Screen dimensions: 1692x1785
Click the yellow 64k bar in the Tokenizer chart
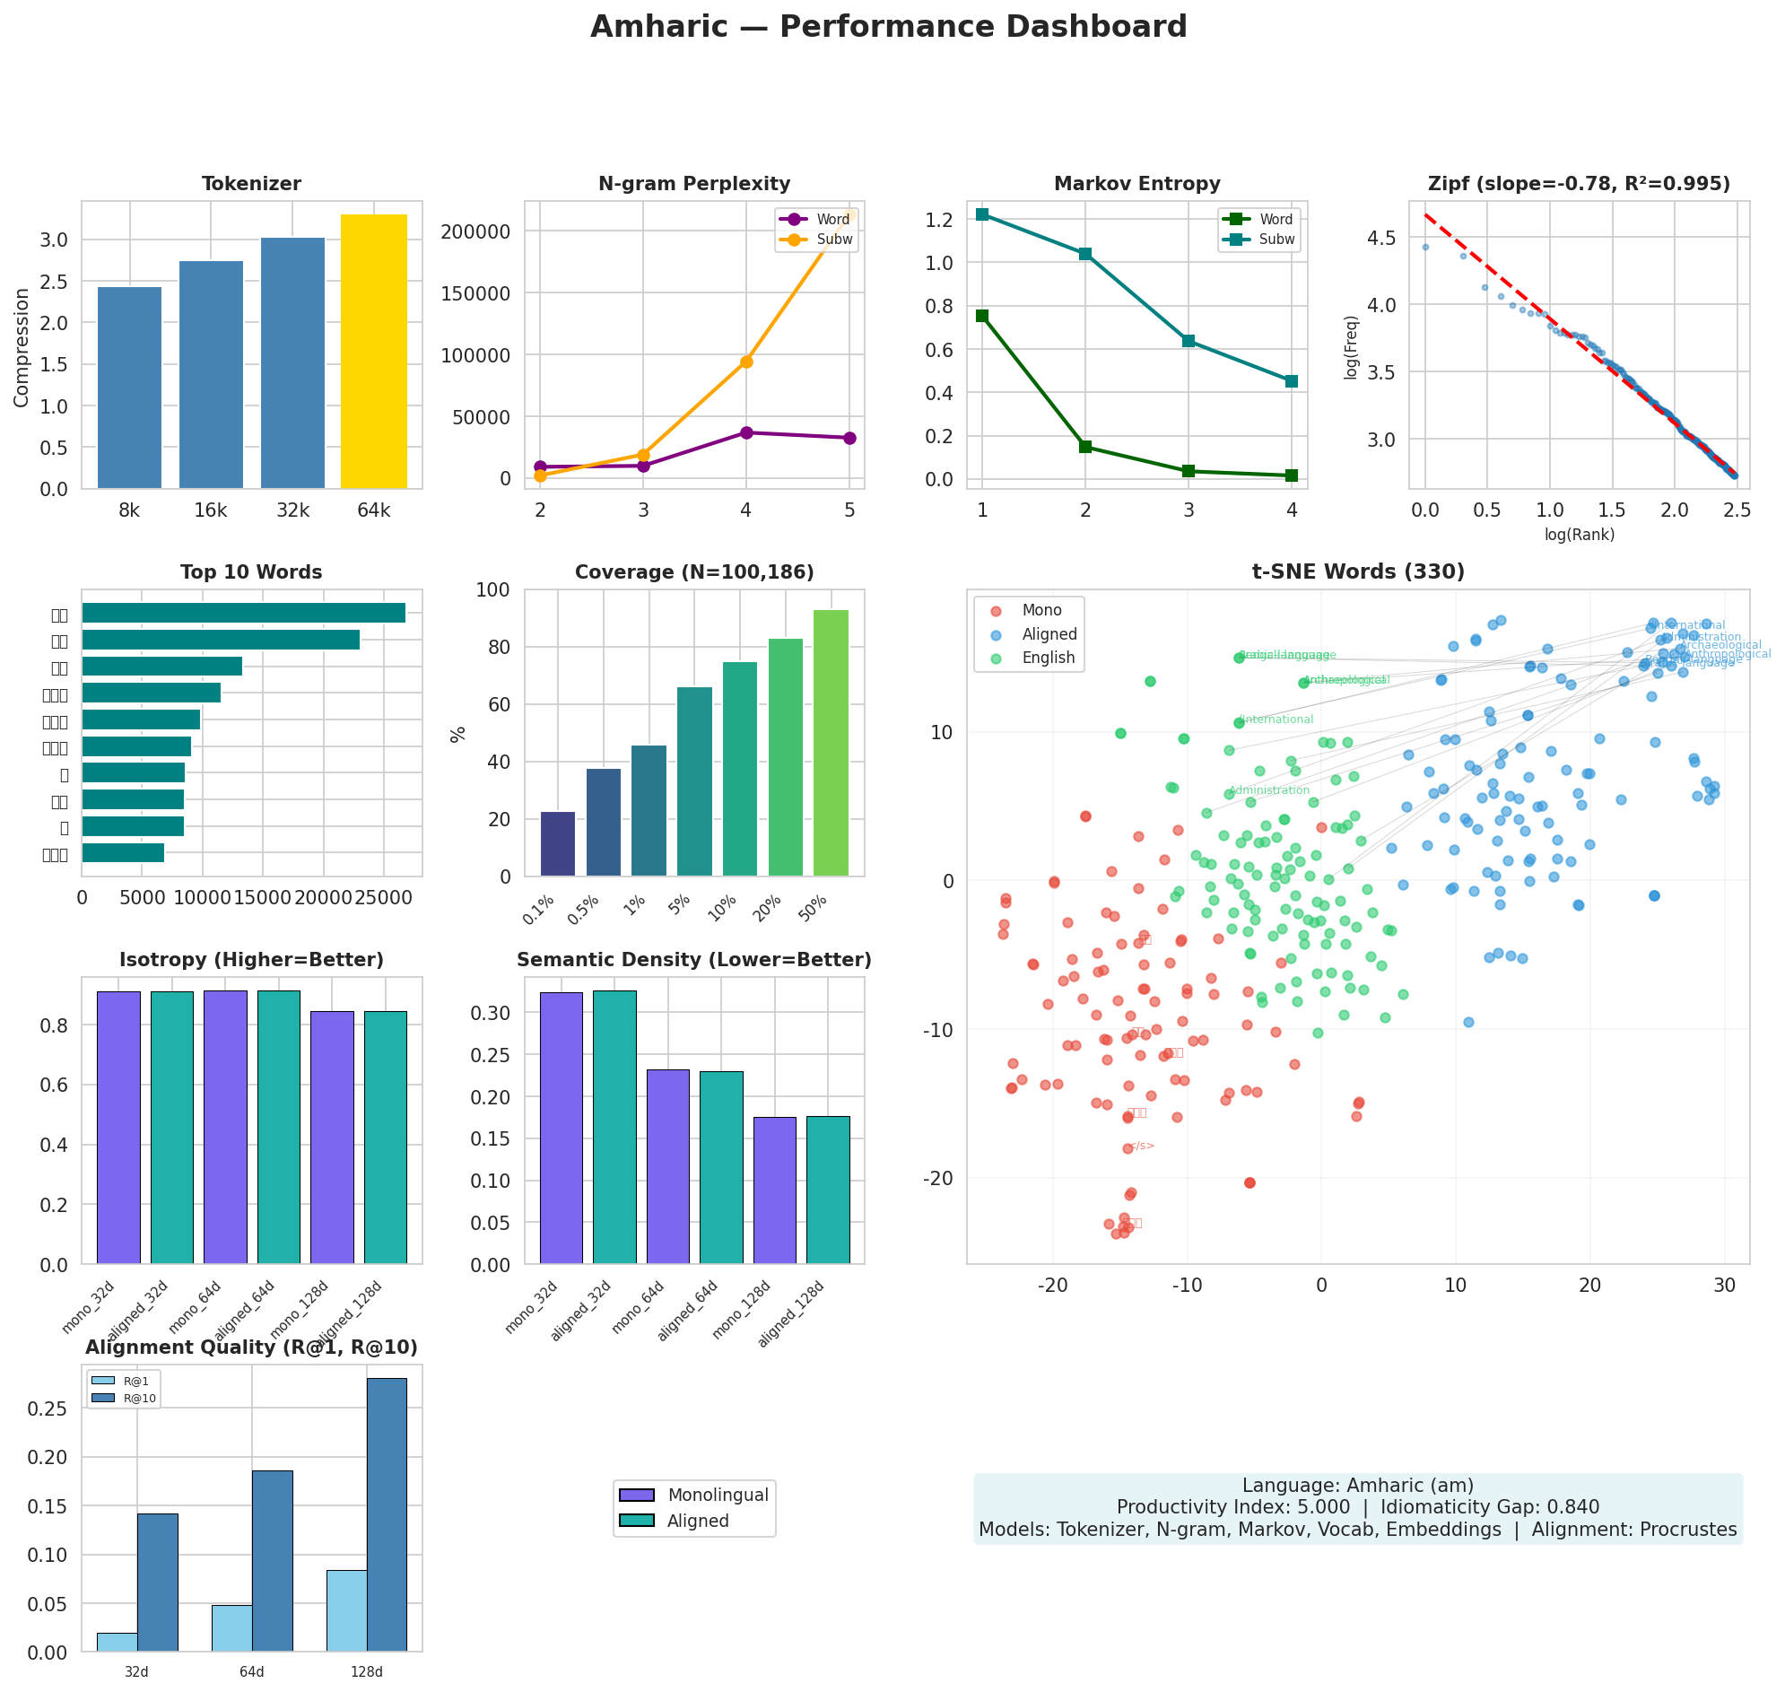[373, 352]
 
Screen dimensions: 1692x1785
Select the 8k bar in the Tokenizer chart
[129, 388]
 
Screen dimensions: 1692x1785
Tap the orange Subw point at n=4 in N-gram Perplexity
[746, 362]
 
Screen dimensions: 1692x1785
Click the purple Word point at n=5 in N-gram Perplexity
[849, 439]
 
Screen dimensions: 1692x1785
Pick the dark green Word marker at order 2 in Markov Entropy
[1085, 447]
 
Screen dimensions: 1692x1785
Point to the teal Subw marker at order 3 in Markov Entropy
[1188, 341]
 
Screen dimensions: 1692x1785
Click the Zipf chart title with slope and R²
[1579, 184]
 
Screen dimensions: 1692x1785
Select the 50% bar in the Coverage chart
[831, 743]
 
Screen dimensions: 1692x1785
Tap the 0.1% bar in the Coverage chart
[557, 844]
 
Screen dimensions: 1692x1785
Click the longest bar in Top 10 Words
[244, 614]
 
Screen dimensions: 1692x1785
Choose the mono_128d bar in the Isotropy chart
[332, 1138]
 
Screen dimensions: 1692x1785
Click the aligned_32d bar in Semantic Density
[614, 1128]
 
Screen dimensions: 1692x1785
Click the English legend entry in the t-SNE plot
[1047, 658]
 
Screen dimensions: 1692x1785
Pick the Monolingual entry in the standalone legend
[717, 1496]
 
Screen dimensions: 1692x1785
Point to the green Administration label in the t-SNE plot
[1269, 790]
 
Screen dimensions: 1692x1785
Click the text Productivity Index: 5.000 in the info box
[1232, 1507]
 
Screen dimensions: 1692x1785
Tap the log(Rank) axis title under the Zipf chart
[1580, 535]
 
